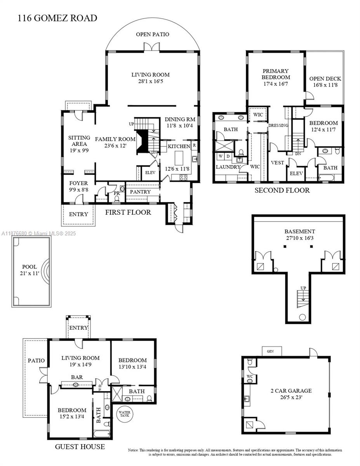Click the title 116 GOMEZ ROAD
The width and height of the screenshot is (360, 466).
(x=57, y=18)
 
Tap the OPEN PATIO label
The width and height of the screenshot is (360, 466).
(x=152, y=35)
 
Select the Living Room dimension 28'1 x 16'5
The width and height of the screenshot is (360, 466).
(x=150, y=82)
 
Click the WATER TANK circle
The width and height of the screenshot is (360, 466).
(x=125, y=414)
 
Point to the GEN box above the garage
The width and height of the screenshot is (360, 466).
(x=270, y=351)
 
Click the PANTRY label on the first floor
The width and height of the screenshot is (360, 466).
(x=140, y=192)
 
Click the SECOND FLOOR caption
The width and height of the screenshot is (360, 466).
(x=282, y=190)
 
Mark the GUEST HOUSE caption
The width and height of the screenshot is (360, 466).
(x=80, y=447)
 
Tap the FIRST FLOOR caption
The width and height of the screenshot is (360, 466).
(x=128, y=212)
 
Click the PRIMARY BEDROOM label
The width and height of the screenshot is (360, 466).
(x=275, y=74)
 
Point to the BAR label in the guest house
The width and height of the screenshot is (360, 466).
(x=76, y=377)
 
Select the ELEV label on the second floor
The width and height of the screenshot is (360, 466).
(x=296, y=174)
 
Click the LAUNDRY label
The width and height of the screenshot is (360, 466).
(x=227, y=167)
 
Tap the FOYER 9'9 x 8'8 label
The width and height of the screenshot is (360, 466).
(x=78, y=186)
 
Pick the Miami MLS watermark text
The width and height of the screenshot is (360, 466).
(x=39, y=233)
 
